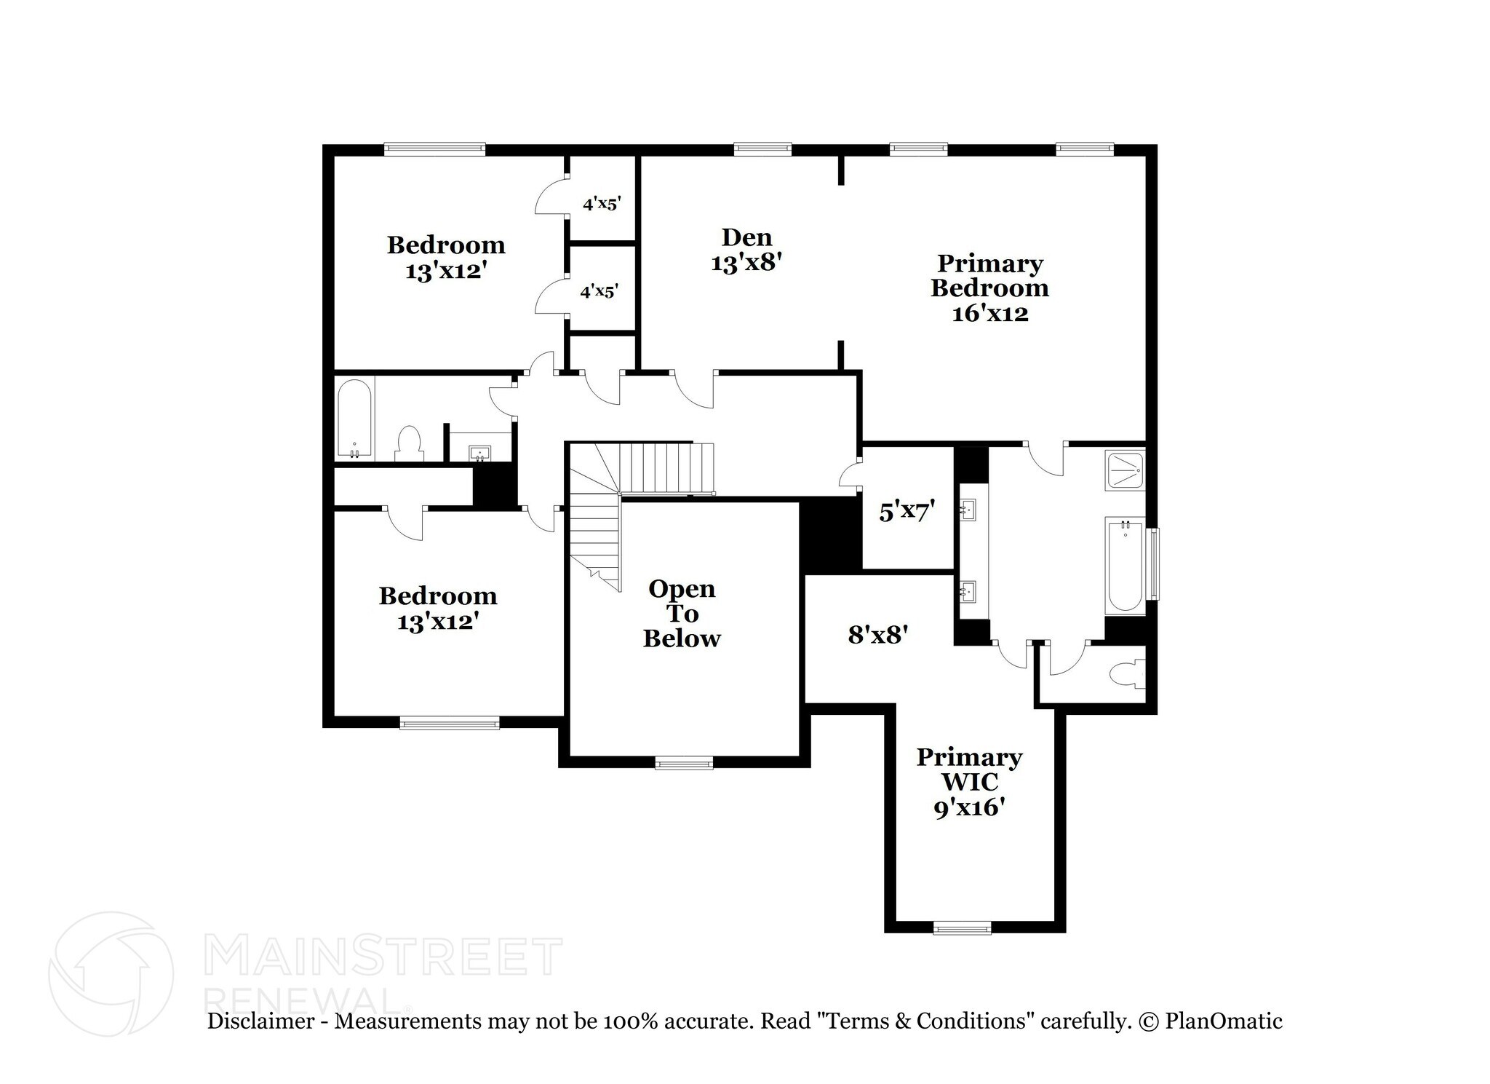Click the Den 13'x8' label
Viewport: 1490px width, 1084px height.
746,250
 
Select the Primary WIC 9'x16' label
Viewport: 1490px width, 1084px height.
969,781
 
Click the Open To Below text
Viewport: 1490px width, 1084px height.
682,613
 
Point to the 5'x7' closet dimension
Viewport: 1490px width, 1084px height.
907,512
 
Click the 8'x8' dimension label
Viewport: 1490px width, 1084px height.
877,635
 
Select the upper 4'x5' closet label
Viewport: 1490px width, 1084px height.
602,204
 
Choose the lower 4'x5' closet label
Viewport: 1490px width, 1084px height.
599,292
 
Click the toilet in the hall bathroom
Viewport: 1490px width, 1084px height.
410,443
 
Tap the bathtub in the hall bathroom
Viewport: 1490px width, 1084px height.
354,419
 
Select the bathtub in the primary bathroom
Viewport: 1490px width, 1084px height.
1125,564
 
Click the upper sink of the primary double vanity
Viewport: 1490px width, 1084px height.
968,509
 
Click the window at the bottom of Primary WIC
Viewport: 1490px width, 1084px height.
962,927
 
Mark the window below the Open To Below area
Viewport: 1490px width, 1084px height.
684,763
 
